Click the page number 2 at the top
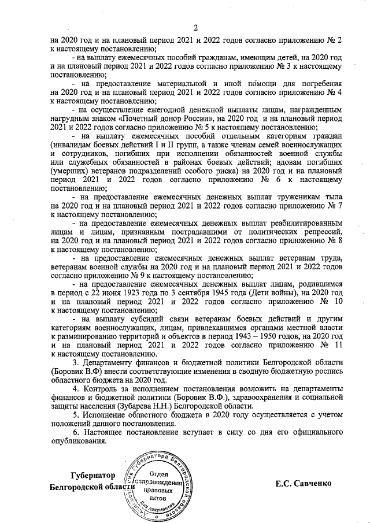click(195, 28)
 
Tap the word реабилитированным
click(298, 222)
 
